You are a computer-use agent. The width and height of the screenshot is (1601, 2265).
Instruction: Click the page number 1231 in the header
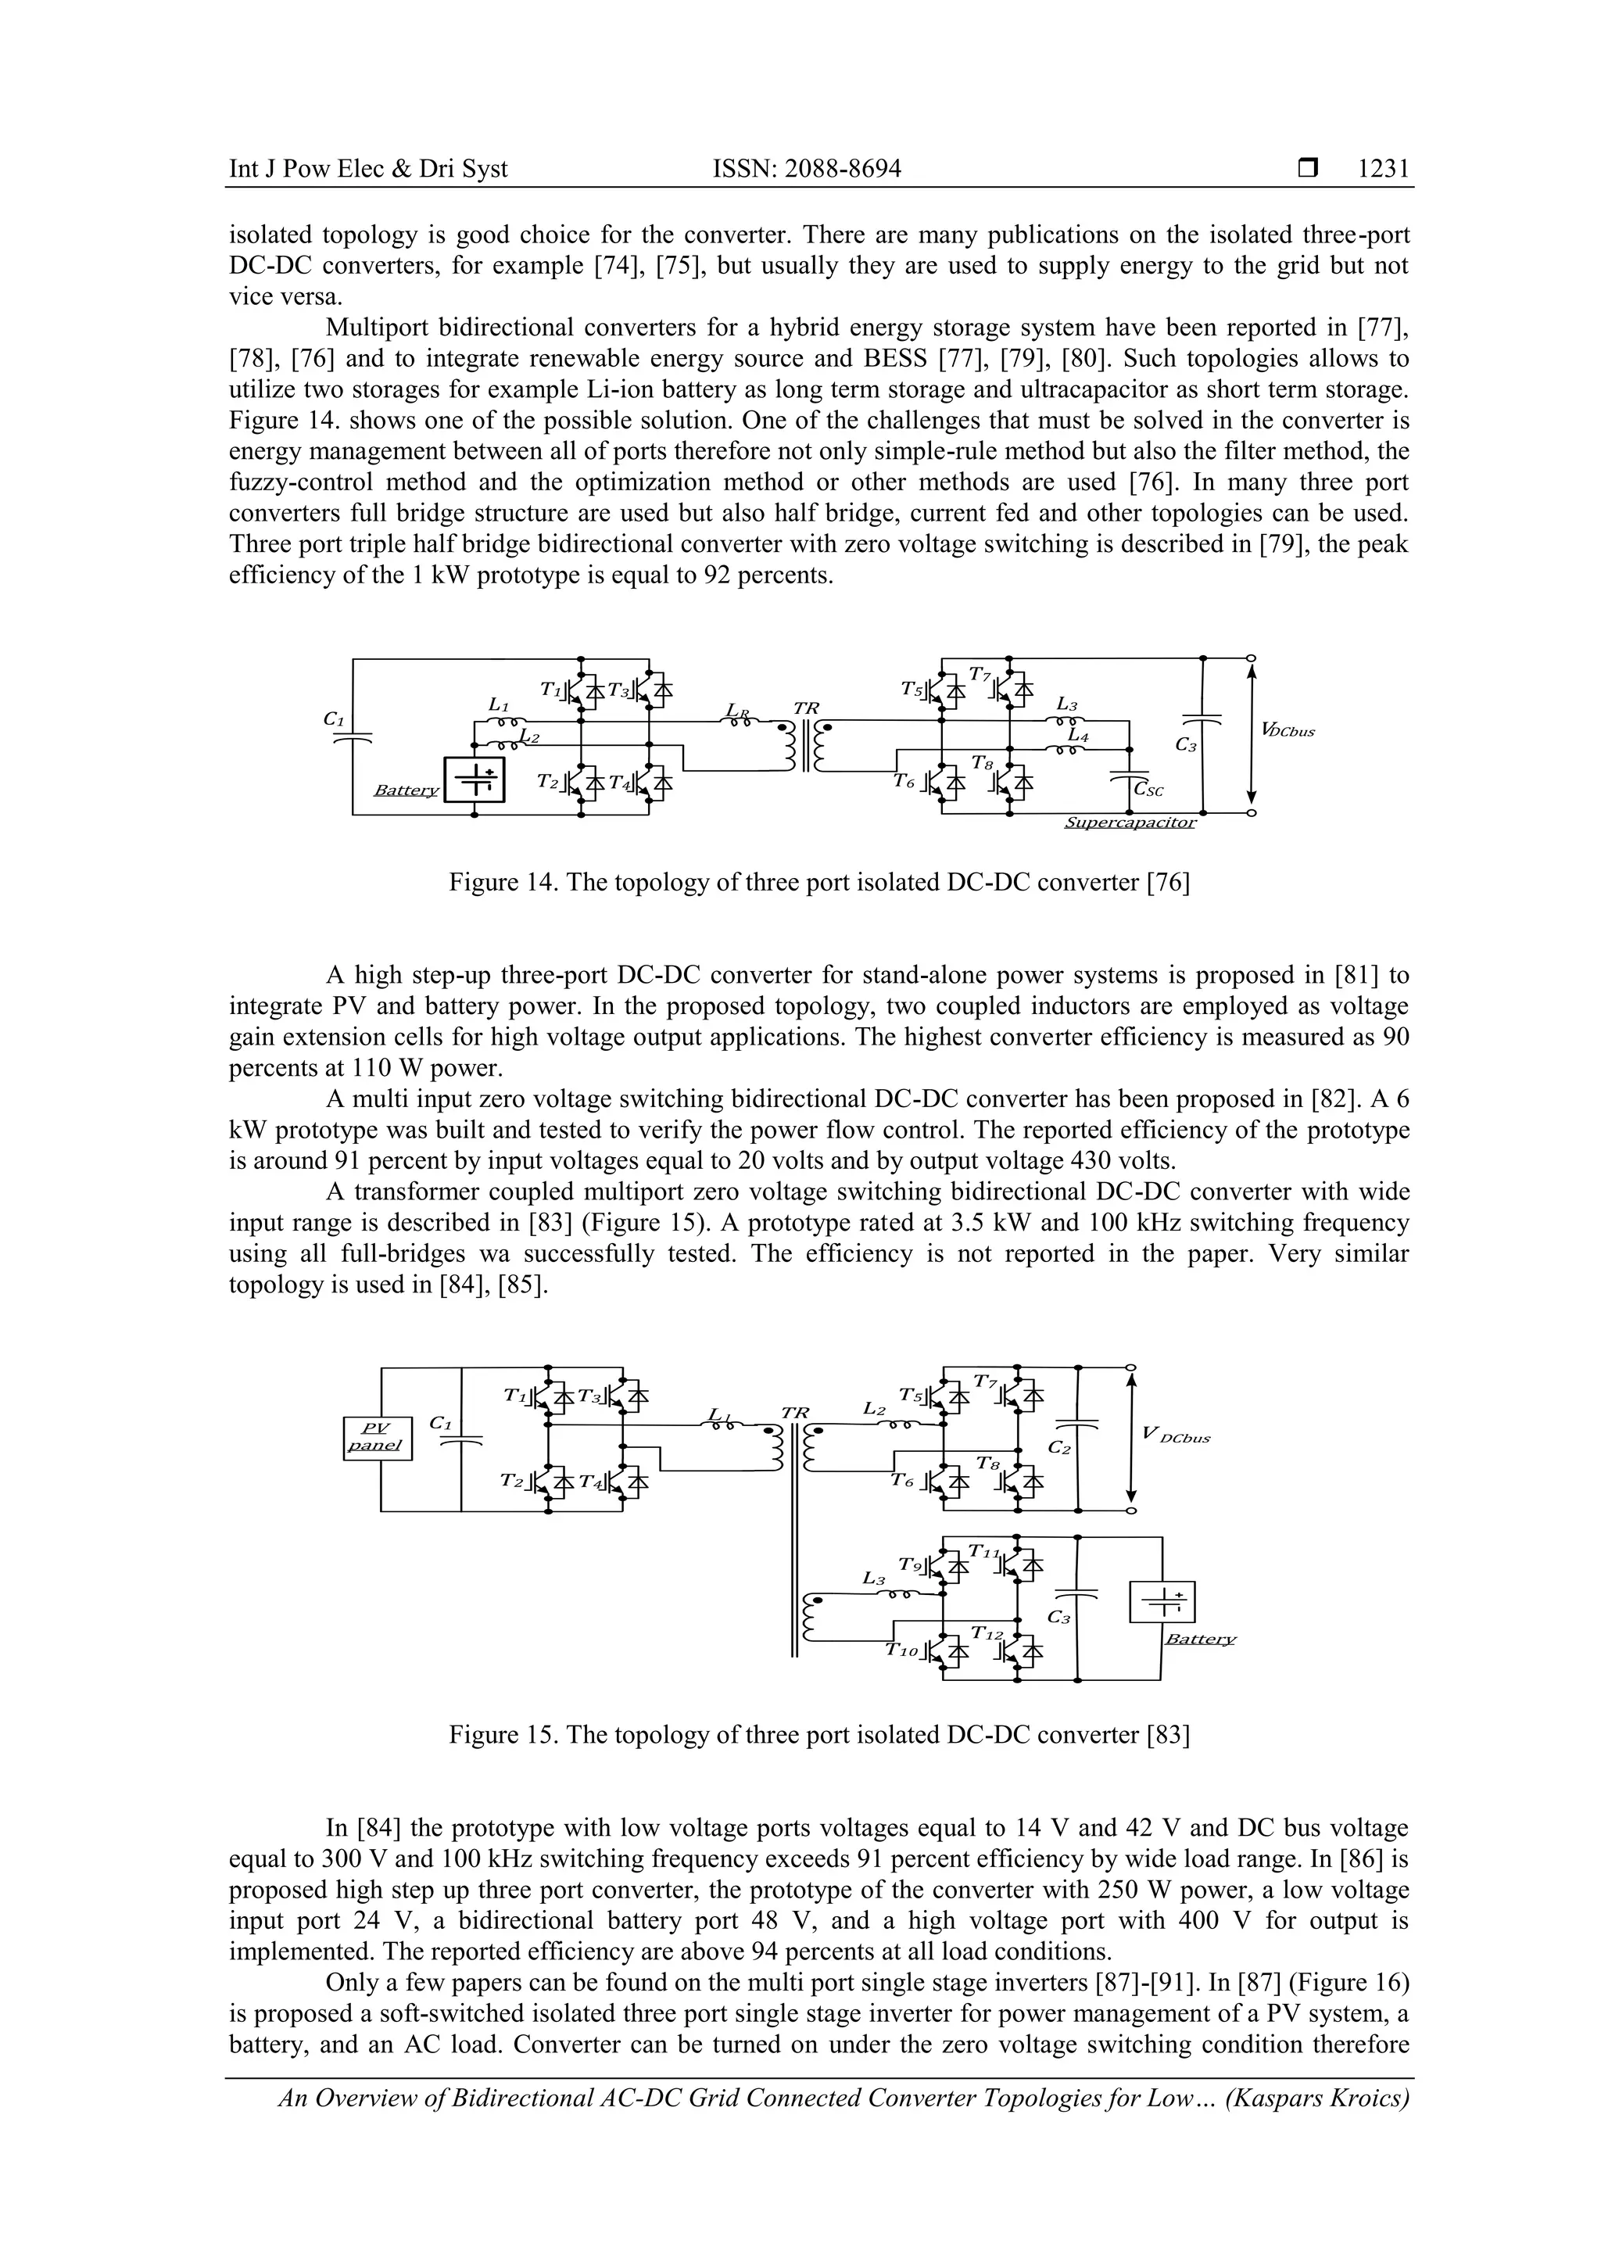tap(1383, 170)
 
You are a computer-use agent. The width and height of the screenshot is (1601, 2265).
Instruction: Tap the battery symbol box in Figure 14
tap(475, 779)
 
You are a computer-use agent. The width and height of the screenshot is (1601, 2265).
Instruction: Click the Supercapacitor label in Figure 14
tap(1130, 822)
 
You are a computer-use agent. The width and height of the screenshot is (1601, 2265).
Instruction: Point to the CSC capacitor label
tap(1149, 790)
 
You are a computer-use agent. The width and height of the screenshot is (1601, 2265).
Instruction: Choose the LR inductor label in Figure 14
tap(736, 709)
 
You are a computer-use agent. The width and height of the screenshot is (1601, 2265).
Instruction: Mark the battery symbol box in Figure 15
tap(1161, 1603)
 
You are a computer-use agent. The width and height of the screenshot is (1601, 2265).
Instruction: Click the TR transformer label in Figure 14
tap(806, 708)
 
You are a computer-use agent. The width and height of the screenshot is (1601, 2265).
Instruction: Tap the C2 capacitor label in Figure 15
tap(1059, 1447)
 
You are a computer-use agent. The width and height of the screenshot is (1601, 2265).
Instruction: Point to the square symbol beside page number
tap(1308, 170)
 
